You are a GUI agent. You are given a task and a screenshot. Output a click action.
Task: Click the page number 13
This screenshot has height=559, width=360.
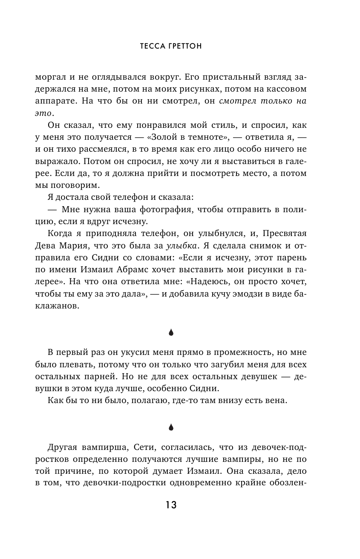point(171,505)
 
